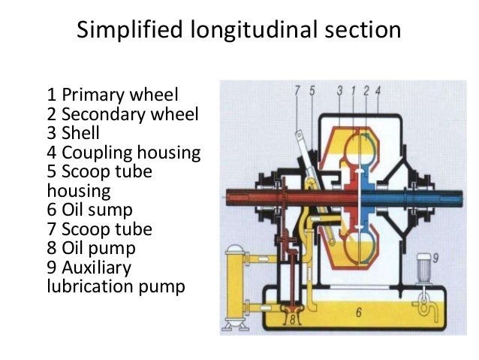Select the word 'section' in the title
pos(364,32)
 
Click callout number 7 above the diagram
pos(297,92)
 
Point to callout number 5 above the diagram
pos(312,92)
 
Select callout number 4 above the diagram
pos(378,92)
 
